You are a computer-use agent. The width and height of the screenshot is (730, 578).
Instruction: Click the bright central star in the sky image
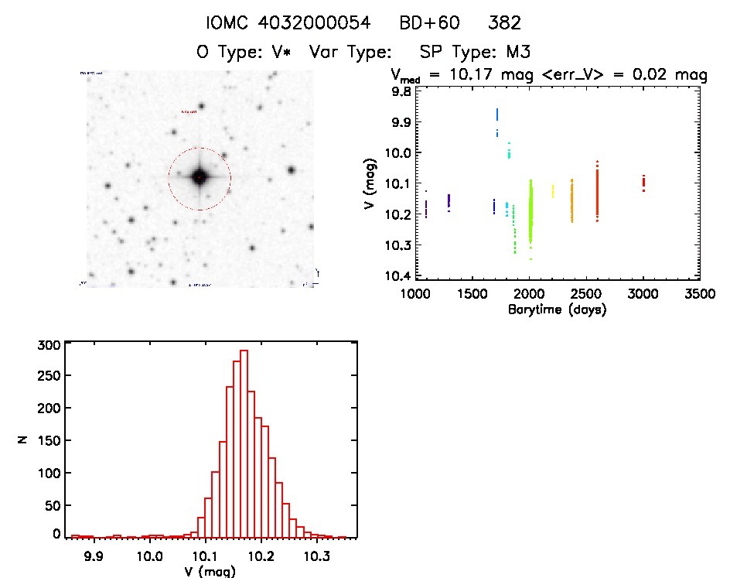pos(199,178)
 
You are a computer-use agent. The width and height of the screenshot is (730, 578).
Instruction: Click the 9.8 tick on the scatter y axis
pos(401,91)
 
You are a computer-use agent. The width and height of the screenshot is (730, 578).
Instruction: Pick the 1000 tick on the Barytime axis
pos(415,295)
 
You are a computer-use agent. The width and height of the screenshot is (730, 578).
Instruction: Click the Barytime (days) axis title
pos(557,310)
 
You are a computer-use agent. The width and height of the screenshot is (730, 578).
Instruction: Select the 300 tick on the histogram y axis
pos(47,346)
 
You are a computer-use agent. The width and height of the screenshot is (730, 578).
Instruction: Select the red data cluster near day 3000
pos(643,183)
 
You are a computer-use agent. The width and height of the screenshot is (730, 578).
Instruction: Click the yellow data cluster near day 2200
pos(552,191)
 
